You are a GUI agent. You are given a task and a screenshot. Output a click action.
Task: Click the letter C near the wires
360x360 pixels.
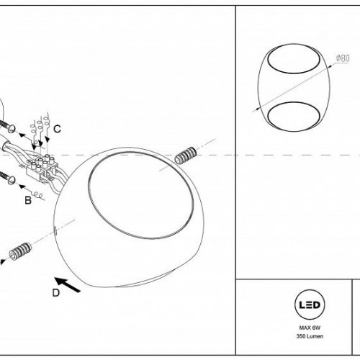tap(57, 129)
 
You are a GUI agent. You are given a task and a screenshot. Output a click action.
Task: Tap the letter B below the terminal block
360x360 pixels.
tap(28, 200)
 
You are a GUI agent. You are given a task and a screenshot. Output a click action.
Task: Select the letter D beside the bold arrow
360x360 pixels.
tap(56, 293)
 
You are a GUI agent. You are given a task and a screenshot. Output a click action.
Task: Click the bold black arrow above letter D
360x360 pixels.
tap(68, 285)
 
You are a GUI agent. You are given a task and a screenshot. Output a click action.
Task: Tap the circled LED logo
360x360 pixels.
tap(310, 305)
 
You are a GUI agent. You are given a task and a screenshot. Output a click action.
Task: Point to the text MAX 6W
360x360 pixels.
tap(310, 328)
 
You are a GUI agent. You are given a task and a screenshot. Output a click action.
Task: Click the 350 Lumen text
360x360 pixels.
tap(310, 336)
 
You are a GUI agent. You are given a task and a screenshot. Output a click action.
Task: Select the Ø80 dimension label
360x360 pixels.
tap(343, 58)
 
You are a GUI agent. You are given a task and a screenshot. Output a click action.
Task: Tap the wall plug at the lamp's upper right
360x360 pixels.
tap(186, 155)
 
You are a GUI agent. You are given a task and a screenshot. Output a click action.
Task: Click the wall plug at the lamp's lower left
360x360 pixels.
tap(20, 251)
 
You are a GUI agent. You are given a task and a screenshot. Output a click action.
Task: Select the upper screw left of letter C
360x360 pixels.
tap(7, 126)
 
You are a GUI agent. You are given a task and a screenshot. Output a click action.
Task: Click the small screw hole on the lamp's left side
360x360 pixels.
tap(55, 231)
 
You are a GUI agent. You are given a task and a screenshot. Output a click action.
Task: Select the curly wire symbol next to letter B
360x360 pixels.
tap(38, 195)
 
